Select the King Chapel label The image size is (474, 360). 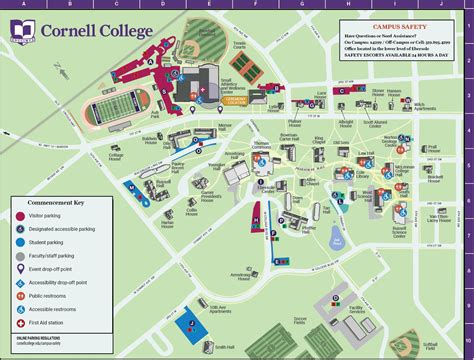[319, 140]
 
